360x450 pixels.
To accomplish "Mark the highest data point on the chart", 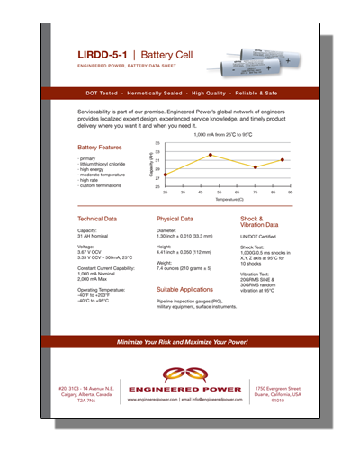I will pyautogui.click(x=210, y=155).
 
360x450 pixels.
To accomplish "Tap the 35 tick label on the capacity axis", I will pyautogui.click(x=157, y=143).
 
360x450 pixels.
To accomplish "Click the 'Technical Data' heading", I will pyautogui.click(x=97, y=219).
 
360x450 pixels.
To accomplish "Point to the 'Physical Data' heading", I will pyautogui.click(x=175, y=219).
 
